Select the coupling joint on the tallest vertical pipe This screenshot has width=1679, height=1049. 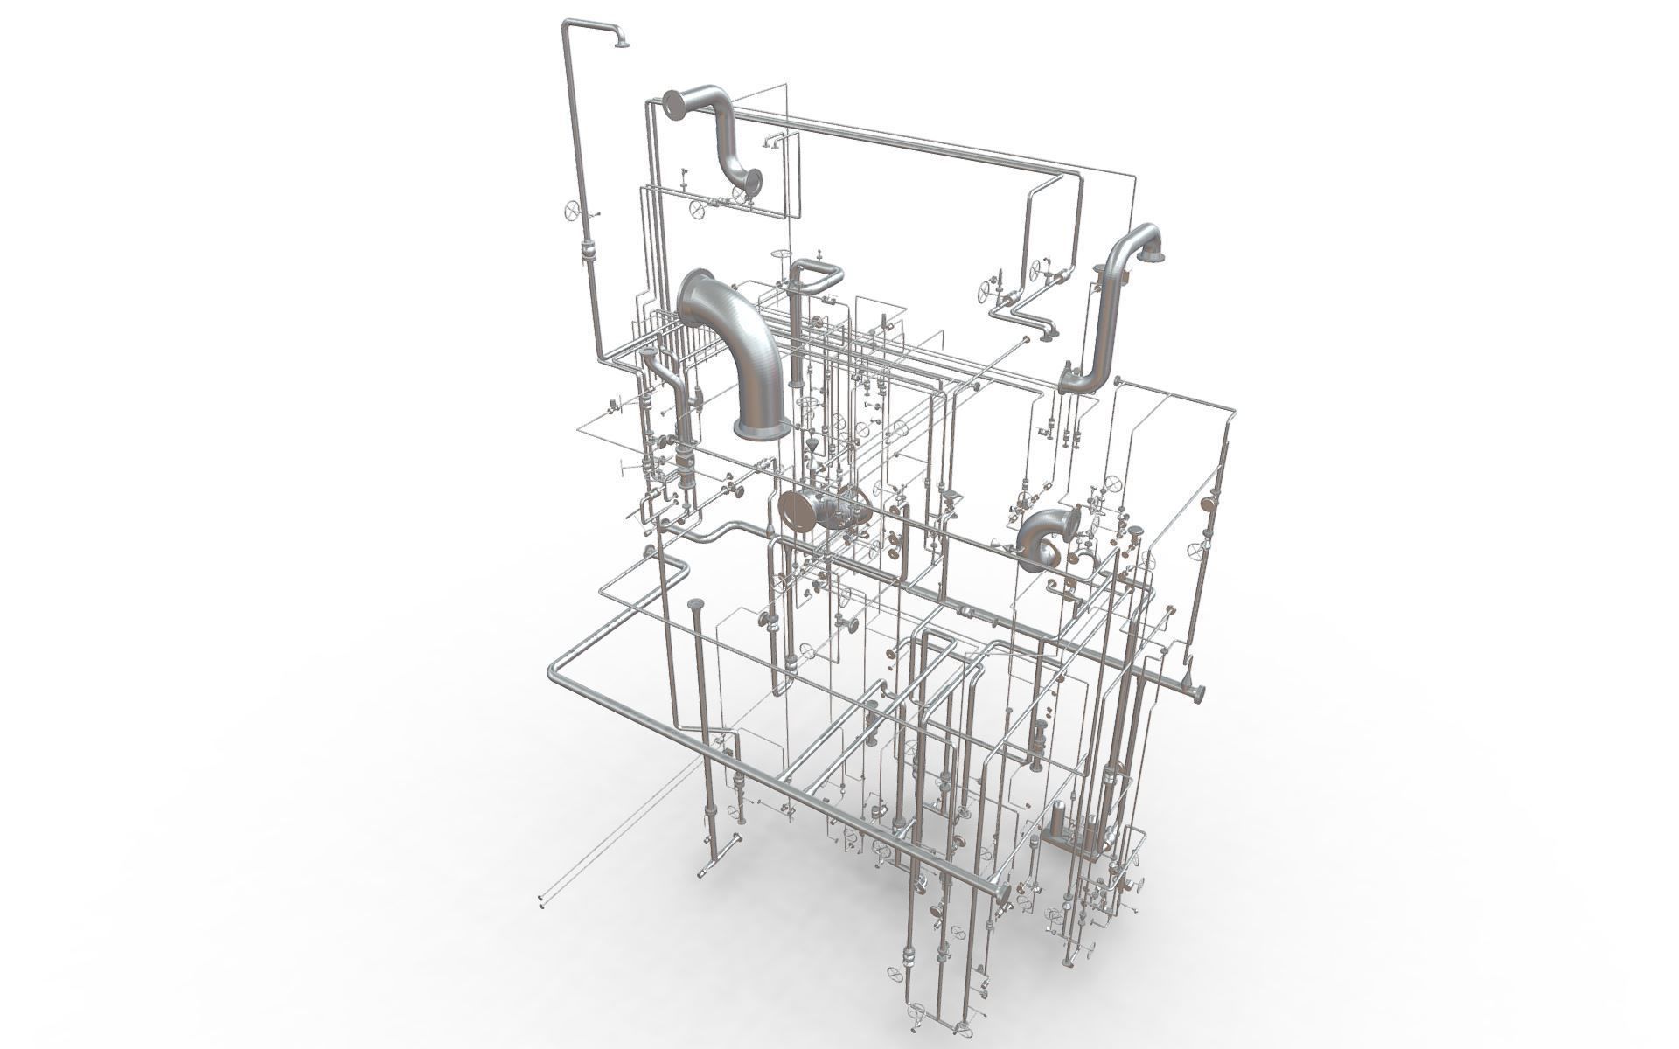[587, 253]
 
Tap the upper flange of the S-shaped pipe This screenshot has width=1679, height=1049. [673, 103]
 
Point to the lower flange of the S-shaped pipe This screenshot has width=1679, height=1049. [752, 182]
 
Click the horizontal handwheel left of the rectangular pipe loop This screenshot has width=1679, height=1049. [777, 254]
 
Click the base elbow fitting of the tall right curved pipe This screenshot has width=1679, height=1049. [1069, 380]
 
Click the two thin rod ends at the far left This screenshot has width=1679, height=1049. [542, 900]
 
